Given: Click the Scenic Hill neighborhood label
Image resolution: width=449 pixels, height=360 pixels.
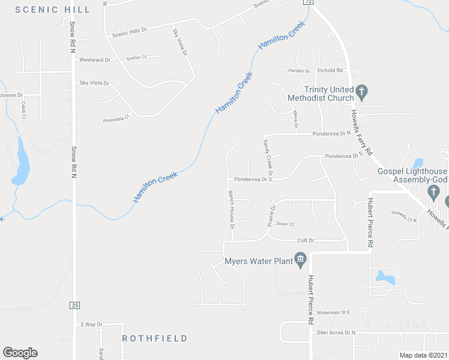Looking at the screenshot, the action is [53, 10].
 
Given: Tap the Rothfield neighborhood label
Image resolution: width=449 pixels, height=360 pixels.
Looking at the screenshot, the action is [155, 338].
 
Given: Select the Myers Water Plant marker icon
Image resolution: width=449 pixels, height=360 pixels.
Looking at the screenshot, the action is [301, 260].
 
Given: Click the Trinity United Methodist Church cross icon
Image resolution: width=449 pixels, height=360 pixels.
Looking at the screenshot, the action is [361, 92].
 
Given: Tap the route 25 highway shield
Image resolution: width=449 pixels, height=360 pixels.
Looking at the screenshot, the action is [74, 305].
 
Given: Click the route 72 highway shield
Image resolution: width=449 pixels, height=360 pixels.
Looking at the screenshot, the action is [308, 2].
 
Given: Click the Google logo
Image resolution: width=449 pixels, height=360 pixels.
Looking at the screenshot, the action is [20, 353].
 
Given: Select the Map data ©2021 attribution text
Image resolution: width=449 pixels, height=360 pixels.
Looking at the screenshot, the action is [423, 355].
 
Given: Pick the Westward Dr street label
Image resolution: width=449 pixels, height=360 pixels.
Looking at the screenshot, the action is [95, 60].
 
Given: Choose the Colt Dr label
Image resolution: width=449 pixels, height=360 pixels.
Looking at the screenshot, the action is [306, 241].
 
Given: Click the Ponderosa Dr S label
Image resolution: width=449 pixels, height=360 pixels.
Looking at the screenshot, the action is [253, 179].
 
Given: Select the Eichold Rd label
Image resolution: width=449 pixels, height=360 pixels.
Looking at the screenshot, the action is [330, 70].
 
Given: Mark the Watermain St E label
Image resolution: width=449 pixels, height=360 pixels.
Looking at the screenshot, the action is [333, 313].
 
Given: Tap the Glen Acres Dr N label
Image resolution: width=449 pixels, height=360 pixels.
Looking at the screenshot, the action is [336, 332].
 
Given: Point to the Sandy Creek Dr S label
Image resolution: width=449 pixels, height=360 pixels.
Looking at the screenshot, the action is [268, 154].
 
